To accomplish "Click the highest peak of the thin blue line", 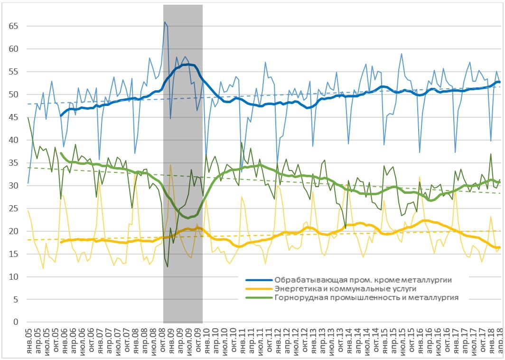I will coord(165,22).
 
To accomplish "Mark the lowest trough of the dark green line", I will coord(168,267).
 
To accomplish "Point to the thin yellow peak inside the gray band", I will coord(170,165).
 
